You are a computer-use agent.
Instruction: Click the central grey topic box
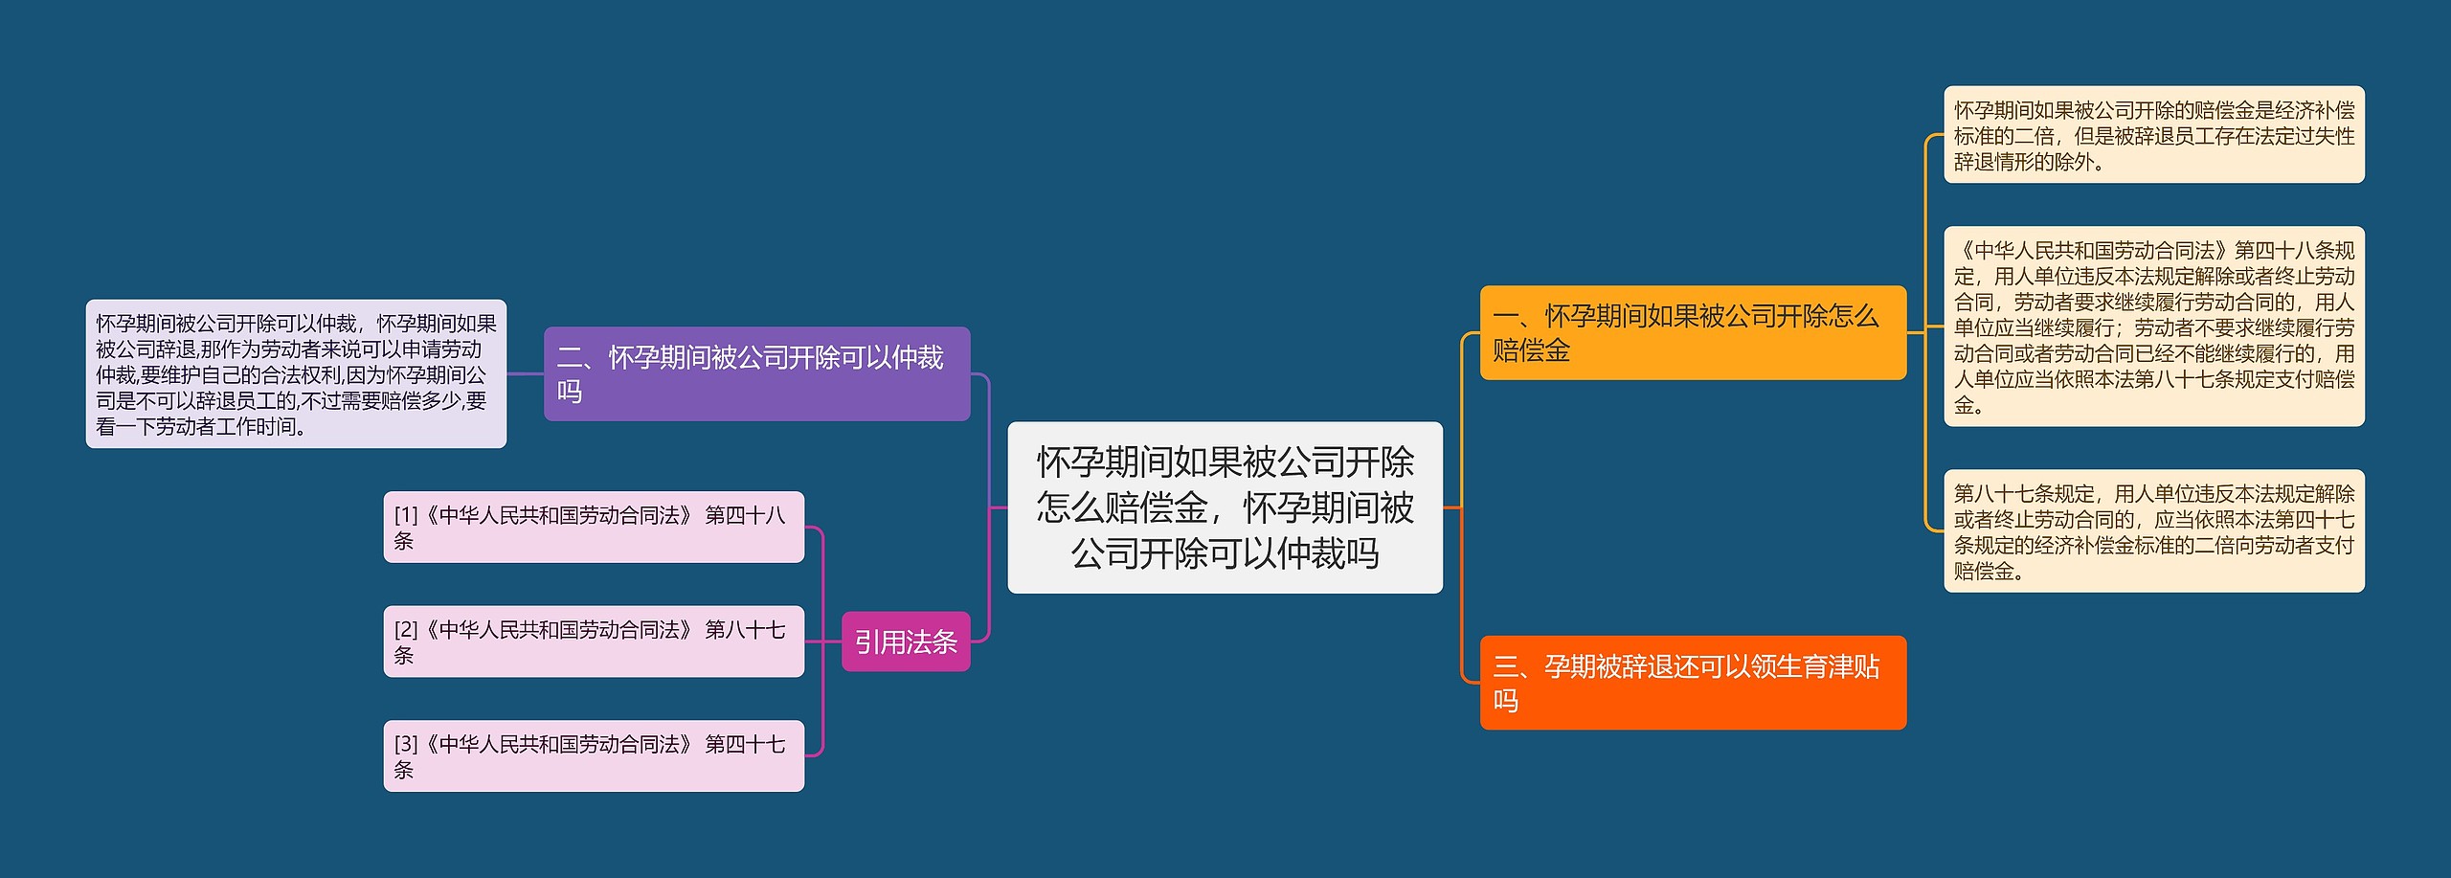coord(1225,507)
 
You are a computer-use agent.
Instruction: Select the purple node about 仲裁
coord(756,373)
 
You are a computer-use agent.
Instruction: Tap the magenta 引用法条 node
coord(906,642)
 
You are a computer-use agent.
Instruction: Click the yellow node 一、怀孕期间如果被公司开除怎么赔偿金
coord(1693,332)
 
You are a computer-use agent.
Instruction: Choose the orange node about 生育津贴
coord(1693,683)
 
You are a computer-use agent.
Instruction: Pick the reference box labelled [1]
coord(594,527)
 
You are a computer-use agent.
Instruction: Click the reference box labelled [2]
coord(594,642)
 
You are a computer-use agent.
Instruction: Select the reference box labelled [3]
coord(594,755)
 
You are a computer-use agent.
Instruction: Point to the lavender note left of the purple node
coord(296,374)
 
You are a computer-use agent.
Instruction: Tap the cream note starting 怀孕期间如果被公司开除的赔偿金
coord(2154,135)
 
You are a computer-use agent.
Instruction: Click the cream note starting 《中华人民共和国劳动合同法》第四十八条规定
coord(2154,326)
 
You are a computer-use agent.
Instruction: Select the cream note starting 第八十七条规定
coord(2154,531)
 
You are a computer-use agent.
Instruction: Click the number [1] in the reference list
coord(406,515)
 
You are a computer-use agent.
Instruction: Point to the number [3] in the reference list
coord(406,744)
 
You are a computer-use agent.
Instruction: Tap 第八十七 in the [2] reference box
coord(745,629)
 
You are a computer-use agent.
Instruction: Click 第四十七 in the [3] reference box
coord(745,744)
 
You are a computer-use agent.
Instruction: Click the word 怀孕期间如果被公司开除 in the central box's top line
coord(1225,462)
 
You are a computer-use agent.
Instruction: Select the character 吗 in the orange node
coord(1506,701)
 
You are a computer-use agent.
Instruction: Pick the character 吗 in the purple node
coord(570,392)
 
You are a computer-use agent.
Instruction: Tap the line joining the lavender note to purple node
coord(526,374)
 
